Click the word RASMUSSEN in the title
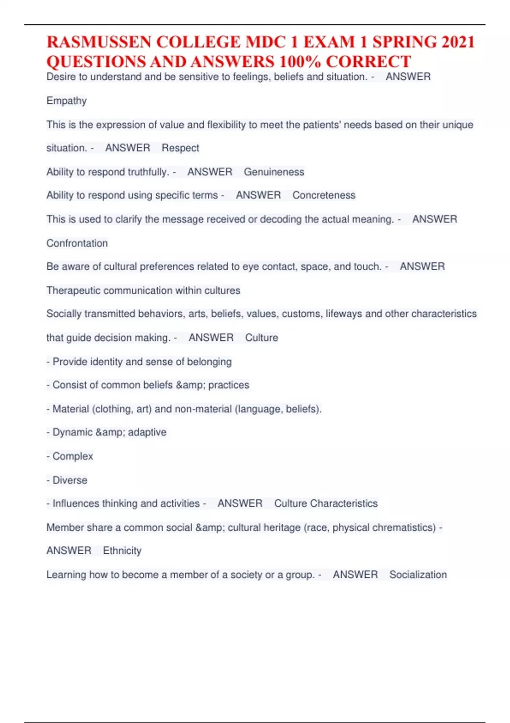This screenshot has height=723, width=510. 99,42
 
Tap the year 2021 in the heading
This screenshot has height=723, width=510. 458,42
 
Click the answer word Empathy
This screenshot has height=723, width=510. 67,101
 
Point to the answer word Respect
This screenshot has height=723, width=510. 180,148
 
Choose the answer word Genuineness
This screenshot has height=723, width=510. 274,172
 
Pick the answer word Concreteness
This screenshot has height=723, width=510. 324,195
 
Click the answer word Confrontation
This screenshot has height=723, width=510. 77,243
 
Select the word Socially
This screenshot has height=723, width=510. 64,314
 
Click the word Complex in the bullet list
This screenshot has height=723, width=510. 73,456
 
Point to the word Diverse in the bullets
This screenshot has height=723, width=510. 70,480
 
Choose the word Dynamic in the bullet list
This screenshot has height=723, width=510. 72,432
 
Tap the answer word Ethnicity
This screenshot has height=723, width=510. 122,551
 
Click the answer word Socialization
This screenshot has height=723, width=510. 418,575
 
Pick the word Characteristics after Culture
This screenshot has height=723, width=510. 343,504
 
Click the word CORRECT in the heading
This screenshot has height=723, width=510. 368,62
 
